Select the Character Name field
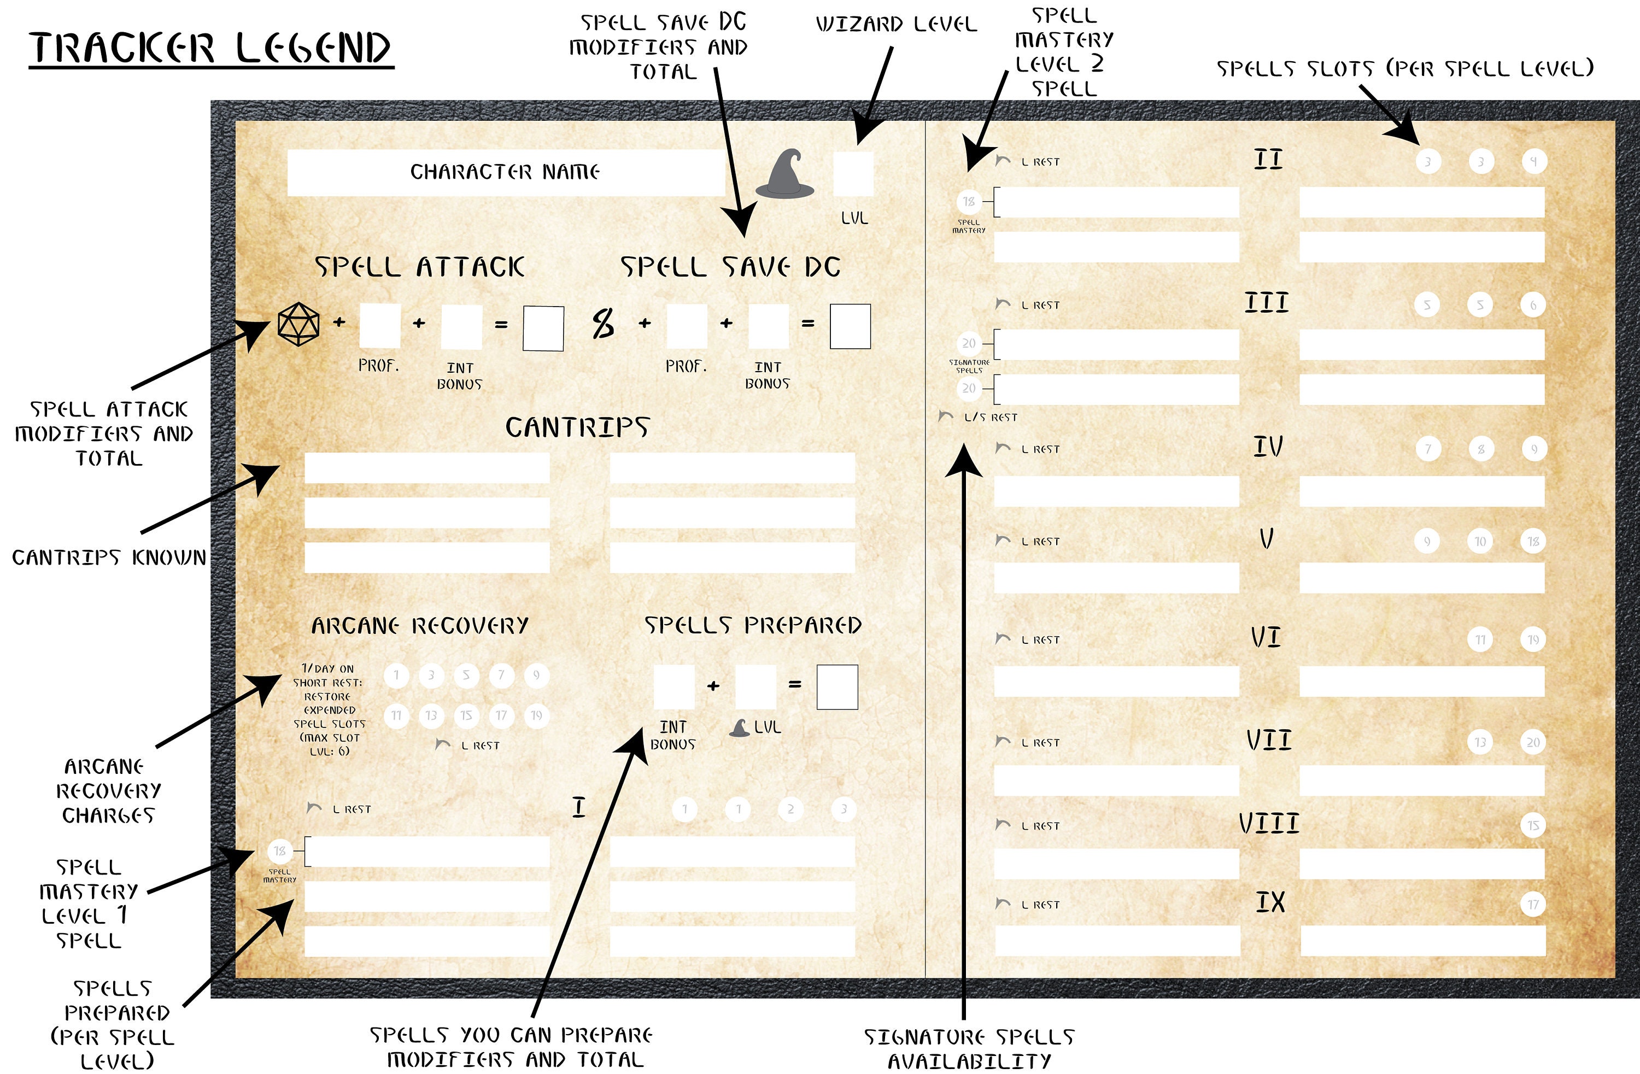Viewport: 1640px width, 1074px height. (x=505, y=172)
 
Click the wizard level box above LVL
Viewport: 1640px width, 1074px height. (x=853, y=174)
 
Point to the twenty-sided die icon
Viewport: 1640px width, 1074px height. (x=298, y=324)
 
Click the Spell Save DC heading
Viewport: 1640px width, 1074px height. (x=730, y=267)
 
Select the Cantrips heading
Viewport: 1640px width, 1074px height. (x=577, y=427)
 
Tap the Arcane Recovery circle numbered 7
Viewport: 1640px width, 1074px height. (x=501, y=675)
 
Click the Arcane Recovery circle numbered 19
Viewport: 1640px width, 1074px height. (x=536, y=715)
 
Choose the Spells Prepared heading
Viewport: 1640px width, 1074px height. (x=752, y=625)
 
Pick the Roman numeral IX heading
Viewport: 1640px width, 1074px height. (x=1269, y=902)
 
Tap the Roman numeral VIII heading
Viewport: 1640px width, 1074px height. (x=1269, y=823)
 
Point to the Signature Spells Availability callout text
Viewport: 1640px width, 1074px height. (x=969, y=1048)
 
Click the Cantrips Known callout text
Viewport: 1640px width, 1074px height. (x=109, y=557)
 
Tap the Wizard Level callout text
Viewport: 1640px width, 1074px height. (x=896, y=25)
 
